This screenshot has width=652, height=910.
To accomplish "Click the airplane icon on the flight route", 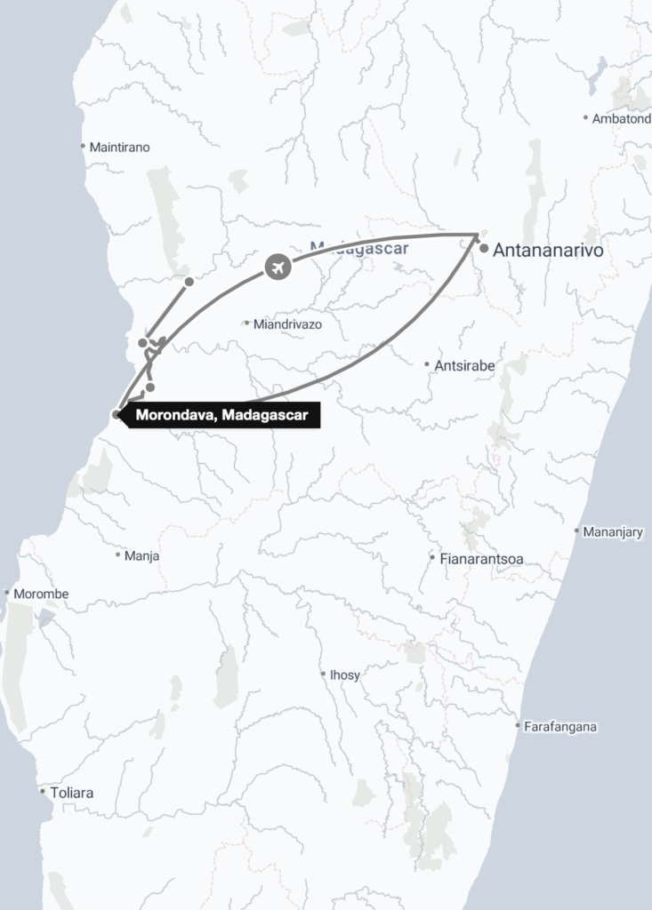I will point(278,266).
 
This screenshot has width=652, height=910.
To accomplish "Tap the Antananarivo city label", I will point(548,251).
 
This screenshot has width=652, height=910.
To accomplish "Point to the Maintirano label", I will point(120,148).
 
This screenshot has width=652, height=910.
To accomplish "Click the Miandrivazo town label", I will point(287,324).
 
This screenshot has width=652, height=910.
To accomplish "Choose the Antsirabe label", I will point(464,365).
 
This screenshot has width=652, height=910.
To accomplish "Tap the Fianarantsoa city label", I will point(481,559).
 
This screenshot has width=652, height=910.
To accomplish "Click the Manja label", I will point(142,555).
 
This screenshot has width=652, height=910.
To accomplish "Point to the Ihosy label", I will point(345,675).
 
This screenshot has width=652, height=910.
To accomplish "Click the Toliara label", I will point(72,792).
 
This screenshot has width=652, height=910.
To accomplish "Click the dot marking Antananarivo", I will point(483,250).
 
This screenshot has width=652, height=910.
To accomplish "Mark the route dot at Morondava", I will point(117,414).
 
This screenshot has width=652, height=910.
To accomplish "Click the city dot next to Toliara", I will point(43,791).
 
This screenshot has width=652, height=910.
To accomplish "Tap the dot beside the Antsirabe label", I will point(427,364).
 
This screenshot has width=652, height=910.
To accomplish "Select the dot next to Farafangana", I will point(518,726).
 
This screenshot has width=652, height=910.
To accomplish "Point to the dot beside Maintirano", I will point(83,147).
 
